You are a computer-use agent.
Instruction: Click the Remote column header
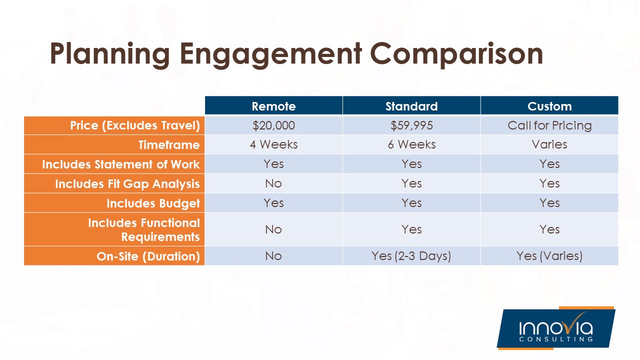[273, 106]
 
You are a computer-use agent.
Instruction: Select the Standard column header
[411, 106]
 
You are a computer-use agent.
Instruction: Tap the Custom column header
[549, 106]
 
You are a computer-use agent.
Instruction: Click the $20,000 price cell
[273, 125]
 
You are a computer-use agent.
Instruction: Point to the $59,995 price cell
[411, 125]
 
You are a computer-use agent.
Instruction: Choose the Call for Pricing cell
[549, 125]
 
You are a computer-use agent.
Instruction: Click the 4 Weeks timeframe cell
[273, 144]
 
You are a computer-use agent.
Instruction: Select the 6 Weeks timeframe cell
[411, 144]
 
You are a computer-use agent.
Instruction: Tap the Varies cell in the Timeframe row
[549, 144]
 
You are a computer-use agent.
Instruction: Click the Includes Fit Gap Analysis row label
[127, 184]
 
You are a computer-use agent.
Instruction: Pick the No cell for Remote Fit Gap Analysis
[273, 183]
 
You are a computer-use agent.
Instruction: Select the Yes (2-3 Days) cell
[411, 256]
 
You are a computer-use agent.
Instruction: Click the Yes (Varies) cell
[549, 256]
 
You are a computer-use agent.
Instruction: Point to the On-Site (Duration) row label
[148, 256]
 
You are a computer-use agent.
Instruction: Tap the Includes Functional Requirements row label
[144, 229]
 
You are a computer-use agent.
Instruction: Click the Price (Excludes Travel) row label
[135, 125]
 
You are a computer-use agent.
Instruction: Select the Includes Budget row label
[153, 203]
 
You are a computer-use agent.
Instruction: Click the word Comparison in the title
[457, 54]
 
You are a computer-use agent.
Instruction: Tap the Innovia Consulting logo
[555, 328]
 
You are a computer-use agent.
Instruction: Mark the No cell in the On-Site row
[273, 256]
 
